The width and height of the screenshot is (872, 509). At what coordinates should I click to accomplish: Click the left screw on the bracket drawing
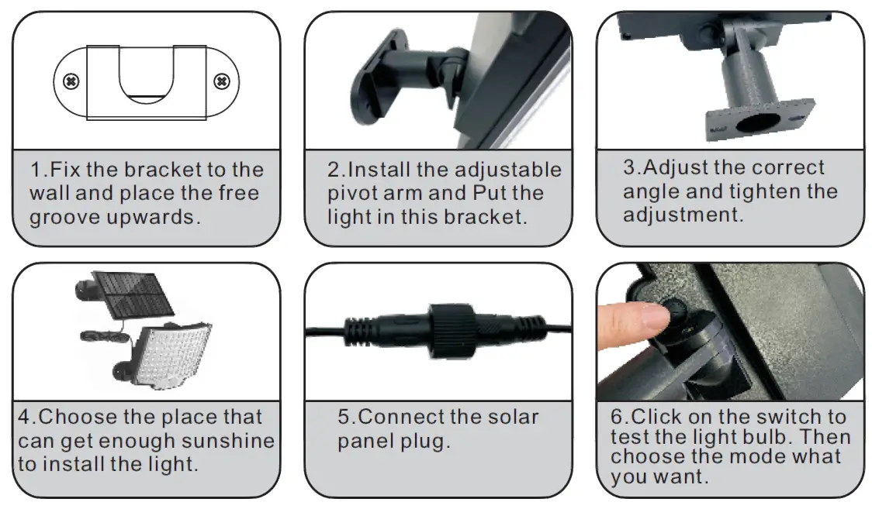coord(71,81)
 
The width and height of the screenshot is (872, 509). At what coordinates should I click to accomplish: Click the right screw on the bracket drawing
coord(222,81)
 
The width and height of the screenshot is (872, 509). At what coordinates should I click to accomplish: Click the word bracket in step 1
coord(164,170)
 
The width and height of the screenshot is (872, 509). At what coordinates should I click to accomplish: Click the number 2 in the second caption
coord(334,170)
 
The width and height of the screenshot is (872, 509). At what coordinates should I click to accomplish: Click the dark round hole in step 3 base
coord(757,122)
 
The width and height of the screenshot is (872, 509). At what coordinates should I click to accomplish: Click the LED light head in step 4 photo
coord(175,352)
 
